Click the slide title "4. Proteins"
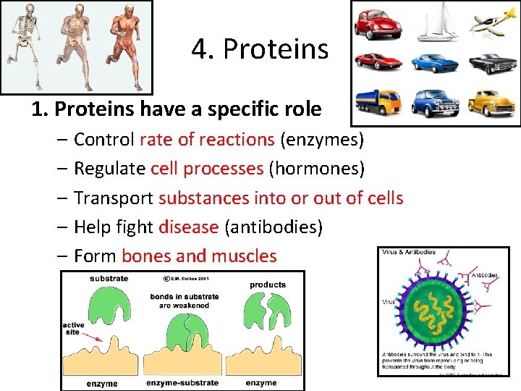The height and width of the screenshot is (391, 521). click(260, 49)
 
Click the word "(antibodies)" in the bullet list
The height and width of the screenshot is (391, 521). click(274, 227)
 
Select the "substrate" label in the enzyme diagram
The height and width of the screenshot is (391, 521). click(109, 278)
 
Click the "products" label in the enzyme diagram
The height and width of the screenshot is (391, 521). click(268, 285)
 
